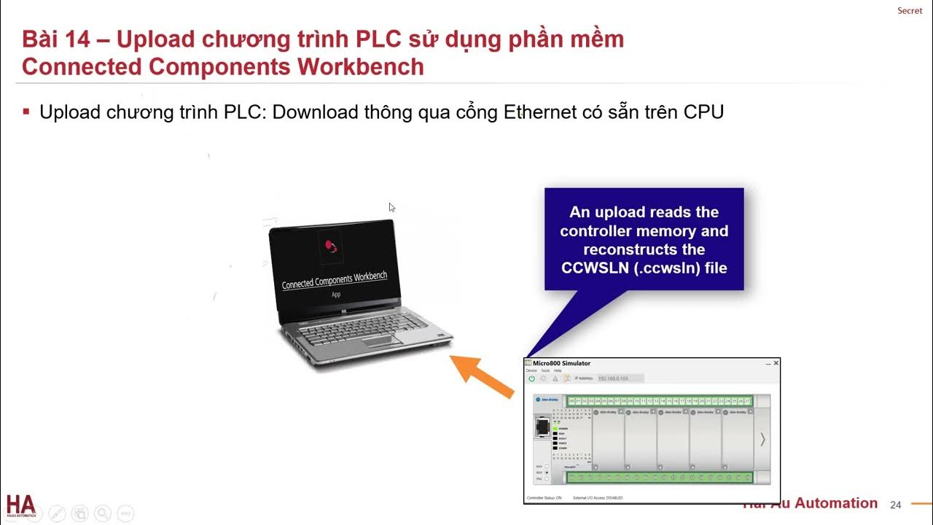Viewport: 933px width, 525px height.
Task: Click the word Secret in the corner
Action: [x=910, y=11]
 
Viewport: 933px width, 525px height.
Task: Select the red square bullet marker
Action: [x=26, y=112]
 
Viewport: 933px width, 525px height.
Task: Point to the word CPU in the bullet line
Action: [x=703, y=112]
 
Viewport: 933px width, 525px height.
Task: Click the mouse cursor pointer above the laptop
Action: [x=392, y=208]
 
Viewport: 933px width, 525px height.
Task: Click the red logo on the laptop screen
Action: [x=330, y=245]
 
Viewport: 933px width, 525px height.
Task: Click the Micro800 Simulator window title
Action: [x=561, y=363]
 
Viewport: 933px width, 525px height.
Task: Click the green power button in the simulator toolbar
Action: [x=531, y=378]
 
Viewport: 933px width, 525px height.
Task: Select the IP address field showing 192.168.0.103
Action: [x=620, y=378]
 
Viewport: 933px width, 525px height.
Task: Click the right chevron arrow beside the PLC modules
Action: [x=762, y=439]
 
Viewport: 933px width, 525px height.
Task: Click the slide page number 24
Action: [x=896, y=505]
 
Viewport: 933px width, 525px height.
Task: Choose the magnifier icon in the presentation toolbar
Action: [x=102, y=513]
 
